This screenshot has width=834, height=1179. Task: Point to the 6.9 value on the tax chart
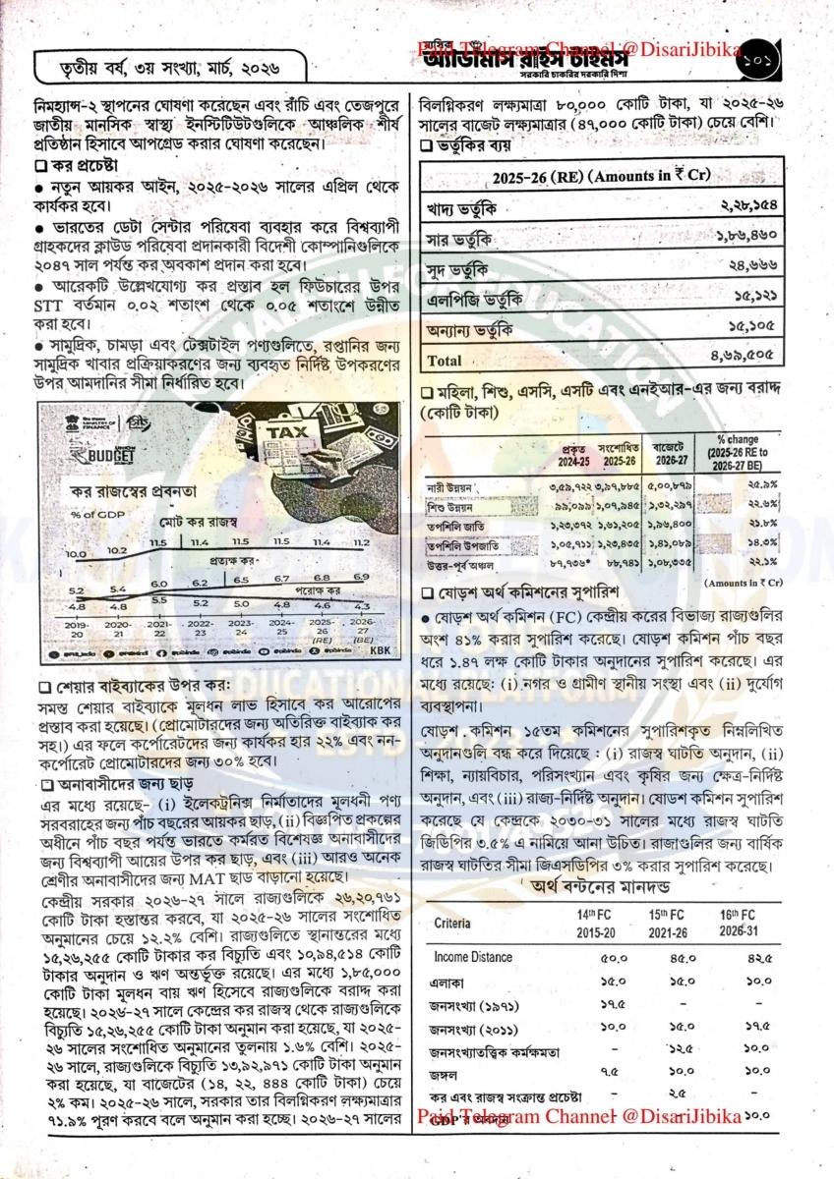(387, 576)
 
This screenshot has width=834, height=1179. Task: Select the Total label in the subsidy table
(445, 359)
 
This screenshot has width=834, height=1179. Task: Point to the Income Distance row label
(472, 957)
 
